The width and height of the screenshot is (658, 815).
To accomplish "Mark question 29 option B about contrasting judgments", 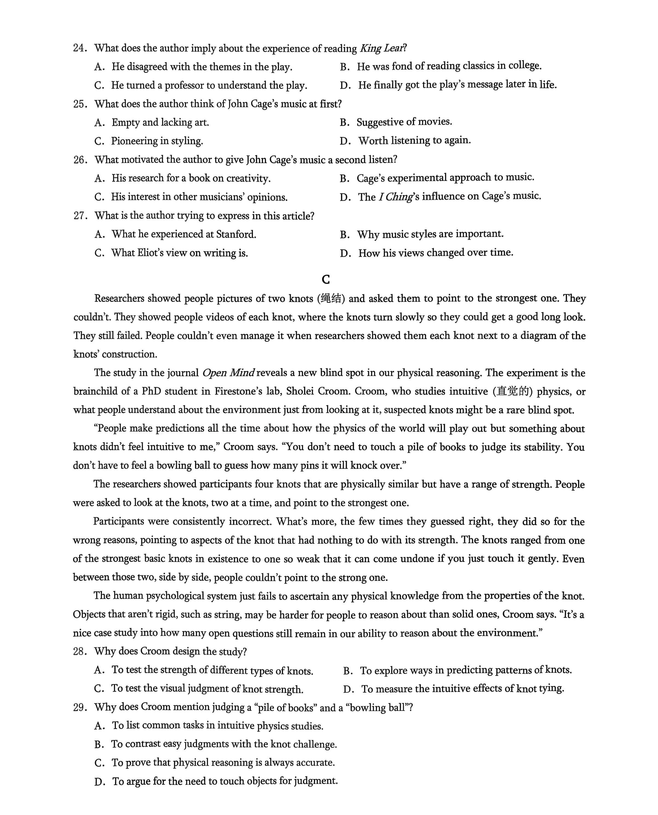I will (224, 744).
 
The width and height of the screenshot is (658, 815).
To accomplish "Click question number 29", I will (80, 707).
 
